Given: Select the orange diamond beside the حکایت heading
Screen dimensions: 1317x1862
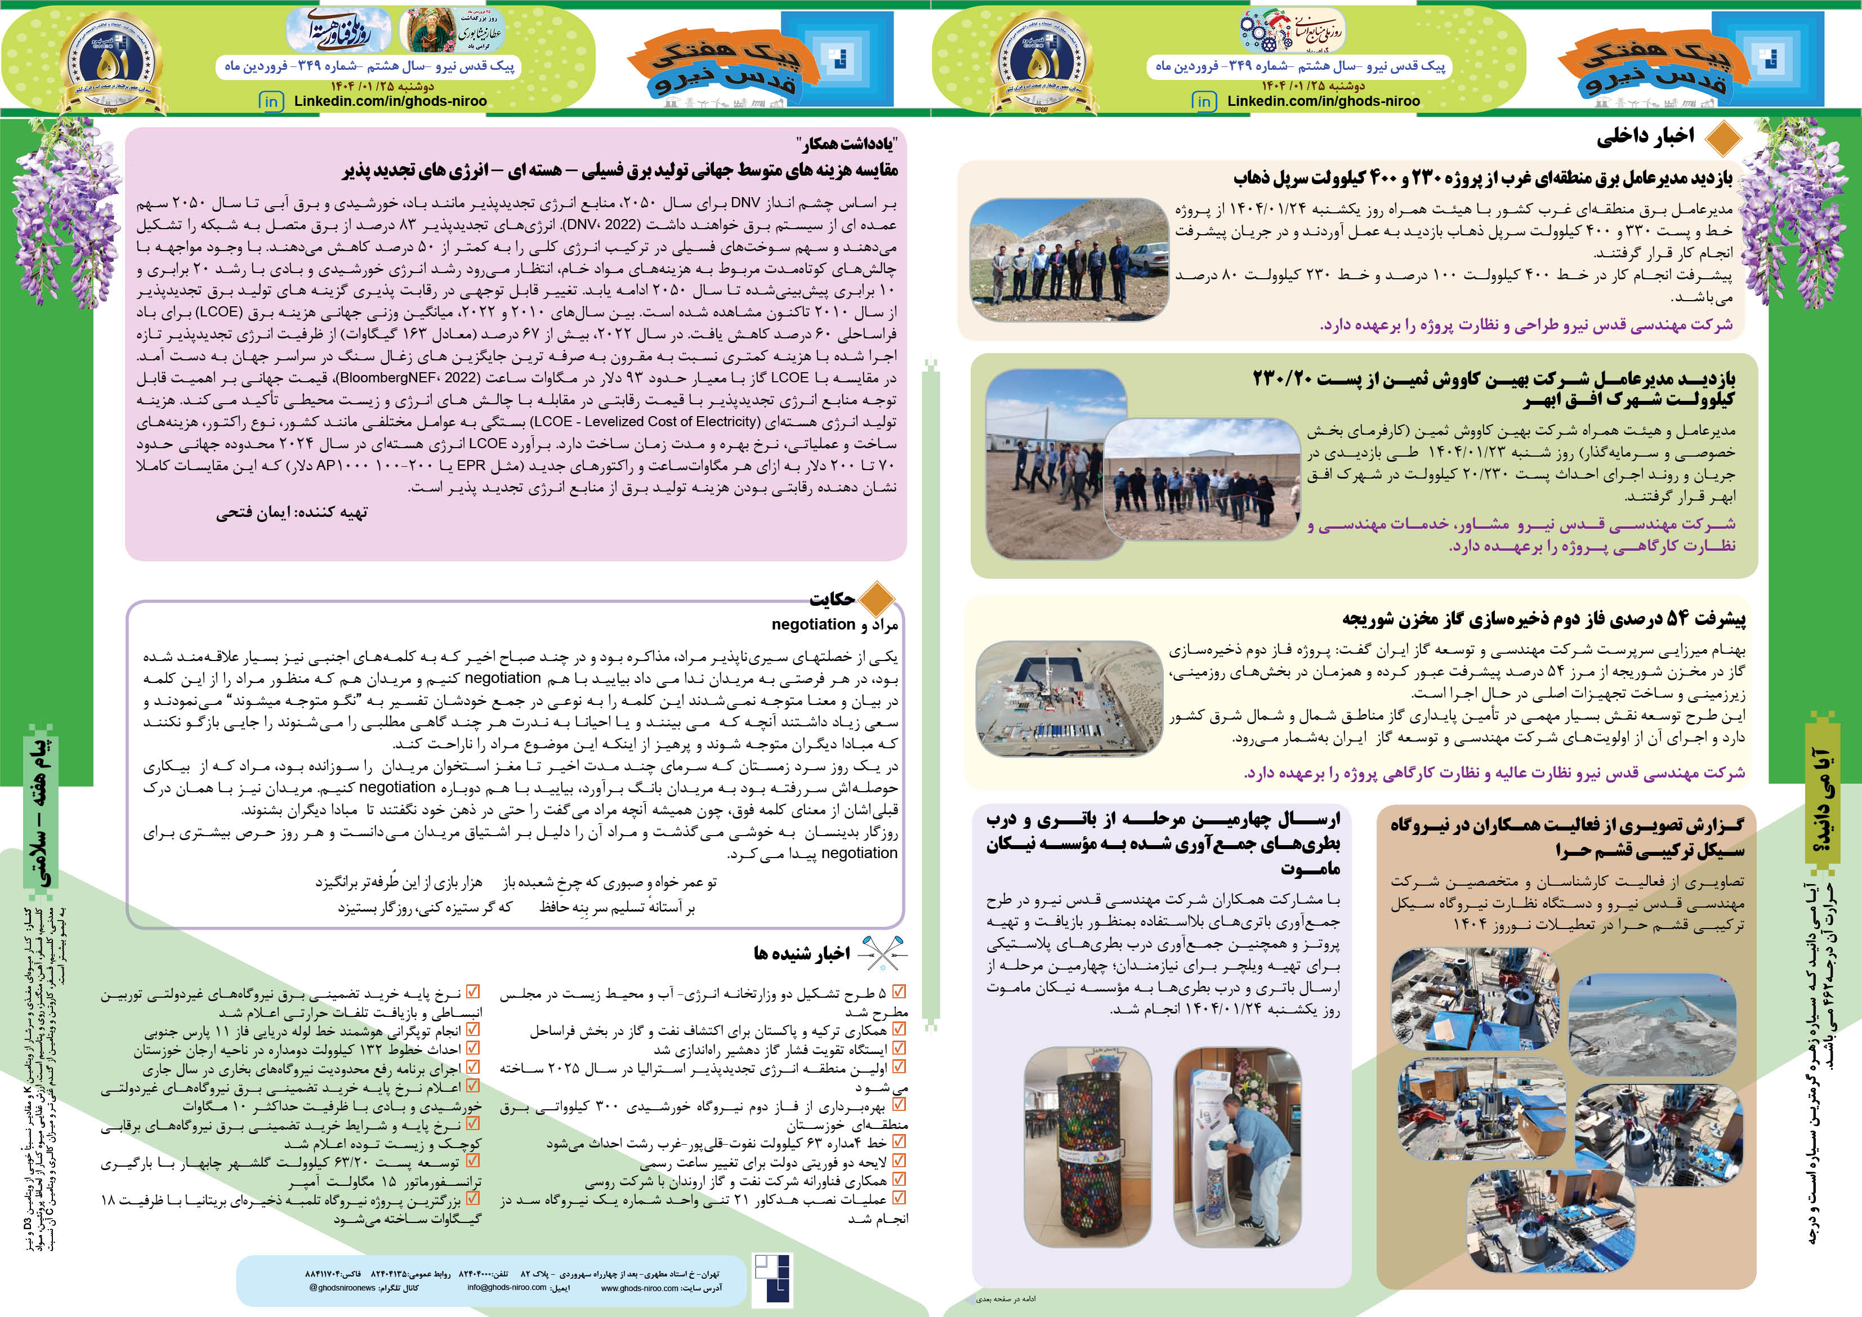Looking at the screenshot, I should coord(876,599).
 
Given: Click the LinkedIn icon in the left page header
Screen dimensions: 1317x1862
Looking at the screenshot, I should coord(271,101).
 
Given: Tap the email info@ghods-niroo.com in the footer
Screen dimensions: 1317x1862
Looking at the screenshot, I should coord(507,1288).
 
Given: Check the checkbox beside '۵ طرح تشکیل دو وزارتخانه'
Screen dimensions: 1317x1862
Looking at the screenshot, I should coord(899,992).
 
